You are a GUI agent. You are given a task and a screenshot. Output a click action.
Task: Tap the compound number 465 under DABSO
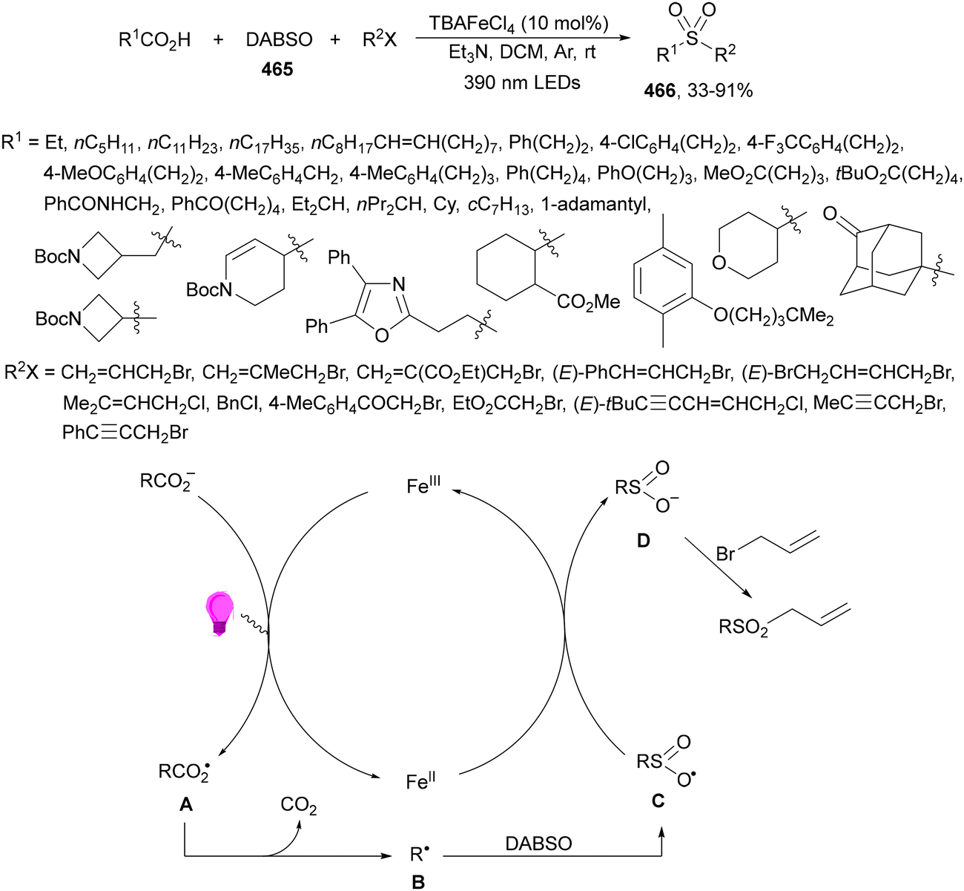(277, 70)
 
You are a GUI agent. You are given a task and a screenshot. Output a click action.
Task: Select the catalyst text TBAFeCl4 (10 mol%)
(518, 23)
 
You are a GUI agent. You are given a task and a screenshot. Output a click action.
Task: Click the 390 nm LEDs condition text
(522, 82)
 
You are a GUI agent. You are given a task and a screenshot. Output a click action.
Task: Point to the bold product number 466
(660, 91)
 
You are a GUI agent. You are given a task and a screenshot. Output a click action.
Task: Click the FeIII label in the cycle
(423, 486)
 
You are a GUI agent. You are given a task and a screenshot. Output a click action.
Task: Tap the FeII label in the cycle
(420, 781)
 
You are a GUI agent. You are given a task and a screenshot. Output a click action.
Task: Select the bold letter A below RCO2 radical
(186, 805)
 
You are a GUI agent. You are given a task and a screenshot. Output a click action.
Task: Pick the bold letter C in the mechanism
(658, 800)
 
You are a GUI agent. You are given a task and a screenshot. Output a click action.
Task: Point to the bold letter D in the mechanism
(643, 540)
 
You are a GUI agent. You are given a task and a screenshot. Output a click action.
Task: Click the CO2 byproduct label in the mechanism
(299, 806)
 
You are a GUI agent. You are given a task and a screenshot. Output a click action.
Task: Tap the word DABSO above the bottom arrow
(538, 844)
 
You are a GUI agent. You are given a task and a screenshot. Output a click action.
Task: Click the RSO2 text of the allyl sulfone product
(743, 628)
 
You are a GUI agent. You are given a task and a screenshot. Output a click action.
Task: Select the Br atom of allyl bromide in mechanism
(725, 554)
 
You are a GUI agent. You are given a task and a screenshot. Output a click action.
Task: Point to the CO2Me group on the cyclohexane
(588, 302)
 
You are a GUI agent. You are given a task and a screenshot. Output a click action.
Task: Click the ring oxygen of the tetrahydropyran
(719, 263)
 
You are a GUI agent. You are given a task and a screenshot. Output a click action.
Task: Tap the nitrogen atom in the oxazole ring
(398, 285)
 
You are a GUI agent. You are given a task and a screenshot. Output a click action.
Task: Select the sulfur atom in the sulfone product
(692, 38)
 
